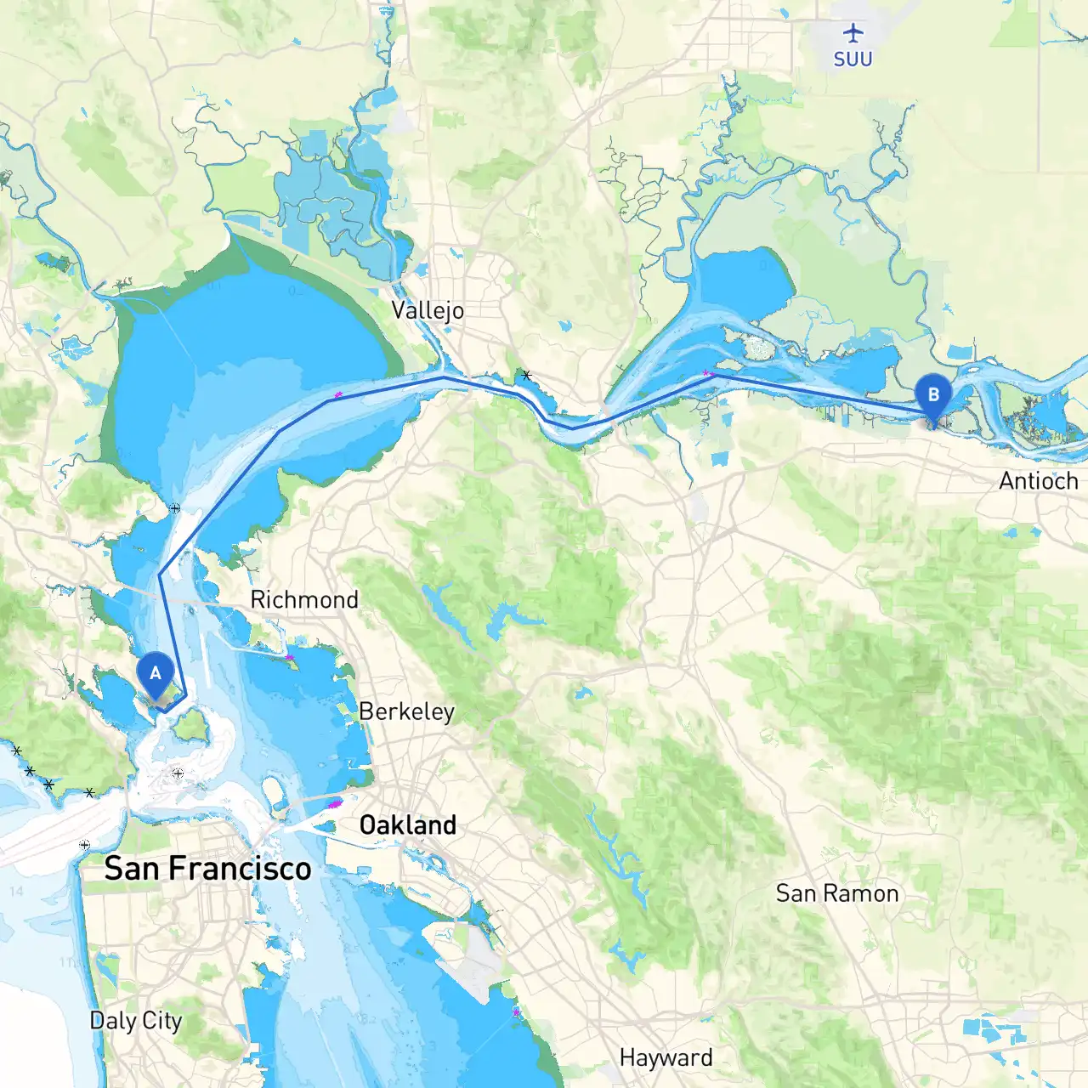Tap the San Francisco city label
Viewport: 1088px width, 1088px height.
(207, 869)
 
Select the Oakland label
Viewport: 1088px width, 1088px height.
(407, 824)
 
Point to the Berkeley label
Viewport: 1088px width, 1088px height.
(406, 711)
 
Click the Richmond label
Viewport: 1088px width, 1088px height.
(304, 599)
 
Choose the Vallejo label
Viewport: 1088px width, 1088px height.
(428, 310)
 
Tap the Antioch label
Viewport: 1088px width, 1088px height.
(1038, 481)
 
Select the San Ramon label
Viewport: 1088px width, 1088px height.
(836, 893)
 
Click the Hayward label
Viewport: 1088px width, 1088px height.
(666, 1057)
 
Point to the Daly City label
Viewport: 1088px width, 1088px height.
(136, 1020)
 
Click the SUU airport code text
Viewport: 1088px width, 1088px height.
(853, 59)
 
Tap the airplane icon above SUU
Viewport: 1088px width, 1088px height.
(853, 33)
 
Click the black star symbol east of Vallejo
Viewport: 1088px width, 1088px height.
(527, 375)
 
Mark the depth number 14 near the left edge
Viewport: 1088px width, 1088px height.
(16, 891)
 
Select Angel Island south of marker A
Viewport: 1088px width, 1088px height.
(192, 724)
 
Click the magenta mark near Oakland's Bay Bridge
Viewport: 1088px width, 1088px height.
(334, 802)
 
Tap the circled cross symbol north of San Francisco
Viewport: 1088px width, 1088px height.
(178, 773)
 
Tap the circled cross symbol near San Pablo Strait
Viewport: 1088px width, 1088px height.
(174, 508)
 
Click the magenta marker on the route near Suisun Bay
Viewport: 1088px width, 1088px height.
(706, 373)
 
